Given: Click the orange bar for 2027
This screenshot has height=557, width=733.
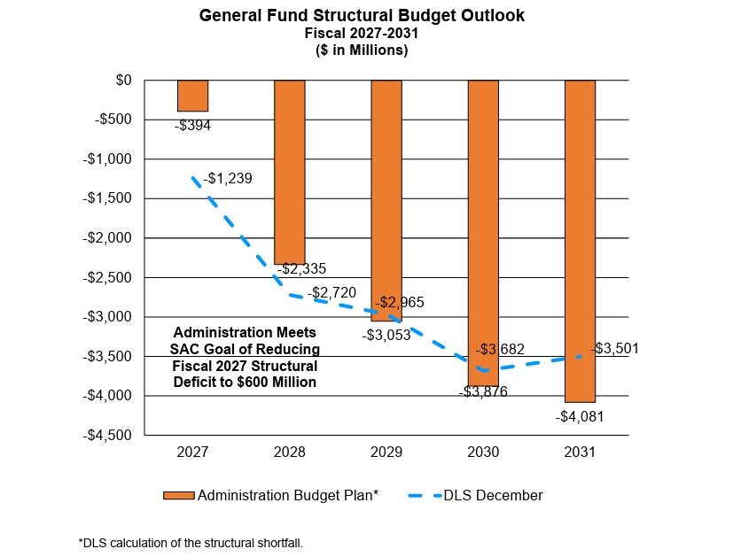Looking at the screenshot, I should (x=192, y=96).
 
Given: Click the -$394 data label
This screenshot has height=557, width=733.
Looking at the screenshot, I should (x=192, y=126).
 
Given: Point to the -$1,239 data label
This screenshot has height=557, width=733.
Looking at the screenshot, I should (x=228, y=179).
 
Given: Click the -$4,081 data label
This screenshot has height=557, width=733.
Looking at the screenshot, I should (x=580, y=416).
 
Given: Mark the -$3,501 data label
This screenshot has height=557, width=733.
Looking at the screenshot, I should (x=614, y=349).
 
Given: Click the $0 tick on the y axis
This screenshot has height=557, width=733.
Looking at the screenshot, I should (x=122, y=81).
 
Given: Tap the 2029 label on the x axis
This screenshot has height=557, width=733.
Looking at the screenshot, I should (x=386, y=452).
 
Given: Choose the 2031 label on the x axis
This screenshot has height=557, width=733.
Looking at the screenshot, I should (x=580, y=452).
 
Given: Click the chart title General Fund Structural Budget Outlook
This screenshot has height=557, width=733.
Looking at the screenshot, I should (x=362, y=16).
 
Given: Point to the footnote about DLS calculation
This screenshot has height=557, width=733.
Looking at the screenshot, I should (x=191, y=543).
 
